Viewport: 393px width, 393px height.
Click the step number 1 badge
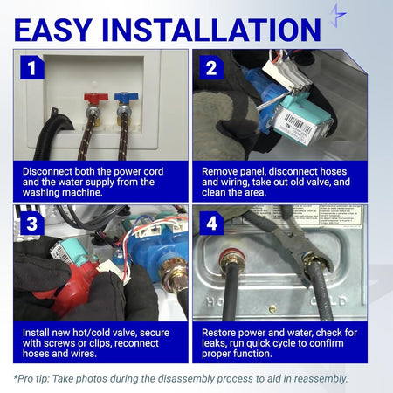click(32, 67)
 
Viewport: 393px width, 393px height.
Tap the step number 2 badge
click(211, 67)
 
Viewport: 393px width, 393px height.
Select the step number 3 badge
click(32, 223)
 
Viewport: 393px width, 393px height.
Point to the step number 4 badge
click(211, 223)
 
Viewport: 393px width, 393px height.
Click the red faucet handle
click(96, 97)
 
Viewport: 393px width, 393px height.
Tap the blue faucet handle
click(126, 97)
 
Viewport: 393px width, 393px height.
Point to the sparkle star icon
click(338, 16)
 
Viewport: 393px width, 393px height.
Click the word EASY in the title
click(53, 30)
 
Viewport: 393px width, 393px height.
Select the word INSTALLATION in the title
click(211, 30)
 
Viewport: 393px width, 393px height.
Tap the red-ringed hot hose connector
click(232, 260)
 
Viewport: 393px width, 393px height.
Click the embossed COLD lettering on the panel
click(328, 301)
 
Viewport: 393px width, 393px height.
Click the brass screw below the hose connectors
click(272, 309)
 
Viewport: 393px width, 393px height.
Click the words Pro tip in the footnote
click(31, 379)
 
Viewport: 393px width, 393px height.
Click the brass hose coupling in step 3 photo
click(174, 273)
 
